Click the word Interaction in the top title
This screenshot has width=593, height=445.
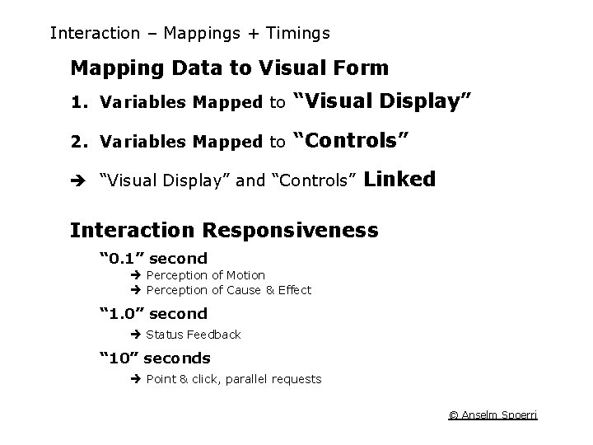click(x=95, y=34)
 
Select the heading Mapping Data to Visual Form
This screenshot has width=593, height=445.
click(x=229, y=67)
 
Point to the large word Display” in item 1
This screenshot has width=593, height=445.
click(x=423, y=101)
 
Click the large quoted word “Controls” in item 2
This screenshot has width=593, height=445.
click(x=352, y=140)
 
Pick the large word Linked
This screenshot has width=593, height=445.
click(x=399, y=180)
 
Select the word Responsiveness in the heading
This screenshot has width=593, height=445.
click(x=292, y=230)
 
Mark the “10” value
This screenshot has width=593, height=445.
click(x=119, y=358)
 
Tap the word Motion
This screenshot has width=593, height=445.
click(x=245, y=275)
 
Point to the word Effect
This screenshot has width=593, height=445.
click(x=295, y=290)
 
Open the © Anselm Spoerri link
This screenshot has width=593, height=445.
click(x=493, y=415)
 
